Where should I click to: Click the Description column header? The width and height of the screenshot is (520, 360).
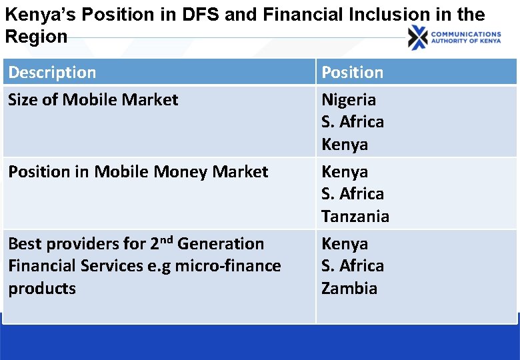click(x=52, y=72)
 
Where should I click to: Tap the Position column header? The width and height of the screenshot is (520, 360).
click(x=352, y=72)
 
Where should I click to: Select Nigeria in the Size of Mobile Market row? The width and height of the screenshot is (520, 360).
click(x=348, y=100)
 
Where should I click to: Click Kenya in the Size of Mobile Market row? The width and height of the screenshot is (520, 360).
click(x=344, y=144)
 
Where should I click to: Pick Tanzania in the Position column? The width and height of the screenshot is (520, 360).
click(x=355, y=216)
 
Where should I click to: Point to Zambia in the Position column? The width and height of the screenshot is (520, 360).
click(x=349, y=288)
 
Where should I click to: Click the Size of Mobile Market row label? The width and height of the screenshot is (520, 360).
click(x=93, y=100)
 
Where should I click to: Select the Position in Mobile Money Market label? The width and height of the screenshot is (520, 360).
click(x=138, y=172)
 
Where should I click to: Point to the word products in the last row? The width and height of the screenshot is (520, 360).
click(x=41, y=288)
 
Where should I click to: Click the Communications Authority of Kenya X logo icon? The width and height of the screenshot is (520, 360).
click(x=418, y=37)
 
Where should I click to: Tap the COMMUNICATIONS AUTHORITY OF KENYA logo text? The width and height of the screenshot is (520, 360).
click(x=466, y=37)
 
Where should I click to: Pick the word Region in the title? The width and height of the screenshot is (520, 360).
click(x=36, y=36)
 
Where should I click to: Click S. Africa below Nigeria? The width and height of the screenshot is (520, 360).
click(x=352, y=122)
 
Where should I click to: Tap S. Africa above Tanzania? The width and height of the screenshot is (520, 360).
click(x=352, y=194)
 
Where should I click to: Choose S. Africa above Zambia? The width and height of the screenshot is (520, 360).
click(x=352, y=266)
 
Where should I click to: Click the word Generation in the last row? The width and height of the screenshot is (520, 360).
click(x=221, y=244)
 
